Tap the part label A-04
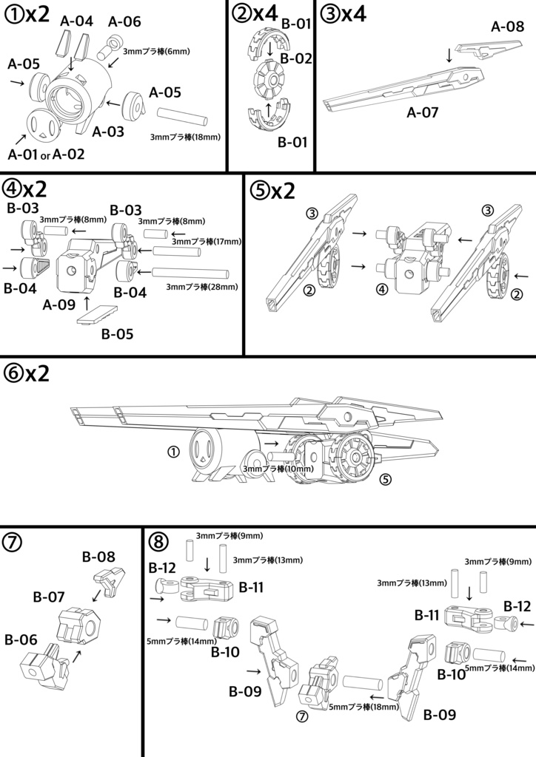pos(76,21)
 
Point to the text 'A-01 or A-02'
pos(46,154)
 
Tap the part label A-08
pos(507,27)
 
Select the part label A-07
pos(423,113)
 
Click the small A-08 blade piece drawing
pos(483,50)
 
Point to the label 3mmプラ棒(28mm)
pos(202,286)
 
